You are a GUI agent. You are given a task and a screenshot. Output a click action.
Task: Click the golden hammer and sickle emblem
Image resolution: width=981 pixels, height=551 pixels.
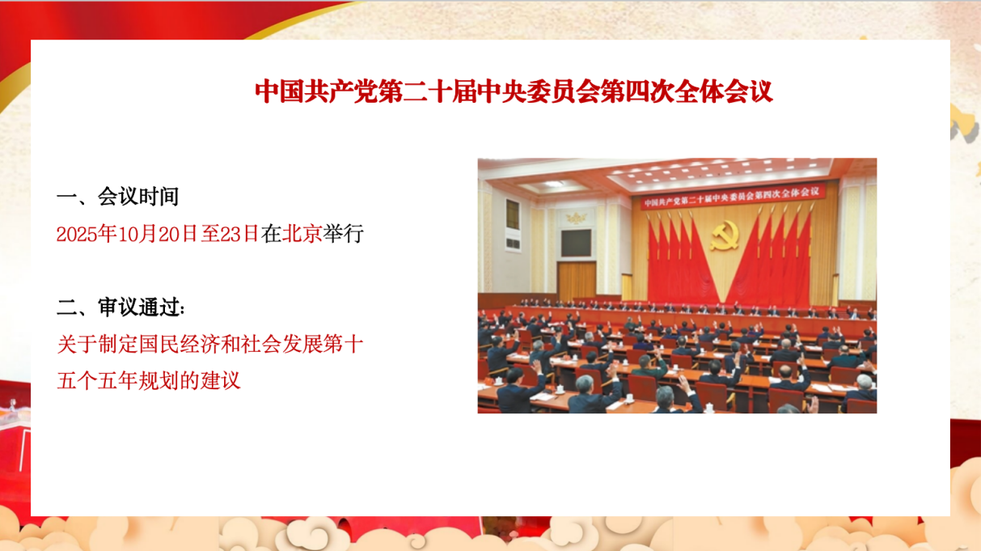pyautogui.click(x=725, y=235)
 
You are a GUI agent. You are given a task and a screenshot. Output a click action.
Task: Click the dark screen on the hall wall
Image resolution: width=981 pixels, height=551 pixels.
pyautogui.click(x=576, y=243)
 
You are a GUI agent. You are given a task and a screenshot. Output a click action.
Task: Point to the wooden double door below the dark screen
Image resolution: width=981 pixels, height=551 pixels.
pyautogui.click(x=577, y=280)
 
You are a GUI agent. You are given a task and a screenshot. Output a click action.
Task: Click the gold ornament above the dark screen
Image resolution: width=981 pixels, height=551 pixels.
pyautogui.click(x=574, y=218)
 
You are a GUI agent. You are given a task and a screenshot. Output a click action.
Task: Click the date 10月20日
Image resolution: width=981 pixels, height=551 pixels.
pyautogui.click(x=158, y=234)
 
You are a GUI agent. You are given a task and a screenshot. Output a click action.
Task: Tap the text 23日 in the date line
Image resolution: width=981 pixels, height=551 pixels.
pyautogui.click(x=239, y=234)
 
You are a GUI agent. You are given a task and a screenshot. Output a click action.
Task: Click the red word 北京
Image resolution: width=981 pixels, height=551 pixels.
pyautogui.click(x=302, y=234)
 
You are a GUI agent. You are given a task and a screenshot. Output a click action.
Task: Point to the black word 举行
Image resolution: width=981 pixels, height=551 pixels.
pyautogui.click(x=344, y=234)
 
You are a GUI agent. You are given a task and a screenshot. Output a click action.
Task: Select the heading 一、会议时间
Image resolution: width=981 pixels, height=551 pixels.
pyautogui.click(x=118, y=197)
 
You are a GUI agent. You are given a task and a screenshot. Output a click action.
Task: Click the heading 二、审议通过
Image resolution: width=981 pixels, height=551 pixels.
pyautogui.click(x=121, y=307)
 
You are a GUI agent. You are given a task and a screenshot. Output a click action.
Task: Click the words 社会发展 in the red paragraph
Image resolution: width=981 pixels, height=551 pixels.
pyautogui.click(x=281, y=344)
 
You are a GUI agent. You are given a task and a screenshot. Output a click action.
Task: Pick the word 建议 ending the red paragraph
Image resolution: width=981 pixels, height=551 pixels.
pyautogui.click(x=220, y=380)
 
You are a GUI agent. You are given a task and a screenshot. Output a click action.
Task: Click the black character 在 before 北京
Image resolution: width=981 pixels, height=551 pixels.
pyautogui.click(x=271, y=234)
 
